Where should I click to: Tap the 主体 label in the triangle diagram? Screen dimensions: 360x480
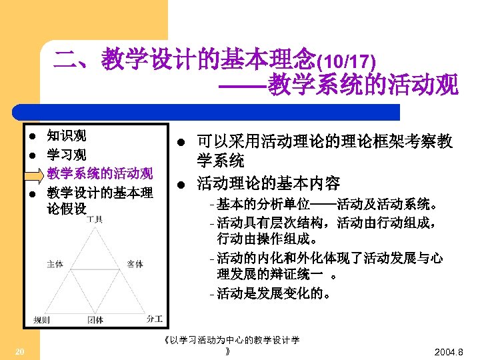click(x=55, y=264)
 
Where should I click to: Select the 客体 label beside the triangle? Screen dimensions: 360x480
click(x=135, y=264)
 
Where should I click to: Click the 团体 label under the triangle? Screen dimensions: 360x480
click(x=95, y=320)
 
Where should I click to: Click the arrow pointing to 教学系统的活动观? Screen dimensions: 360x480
click(x=33, y=175)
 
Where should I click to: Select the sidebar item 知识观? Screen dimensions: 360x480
click(x=66, y=137)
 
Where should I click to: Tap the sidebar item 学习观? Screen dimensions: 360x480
click(x=66, y=155)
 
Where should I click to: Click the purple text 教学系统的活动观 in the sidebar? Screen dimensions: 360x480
click(x=100, y=175)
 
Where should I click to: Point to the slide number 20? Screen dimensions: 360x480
click(x=20, y=351)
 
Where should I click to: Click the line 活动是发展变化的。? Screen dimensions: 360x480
click(x=273, y=293)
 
